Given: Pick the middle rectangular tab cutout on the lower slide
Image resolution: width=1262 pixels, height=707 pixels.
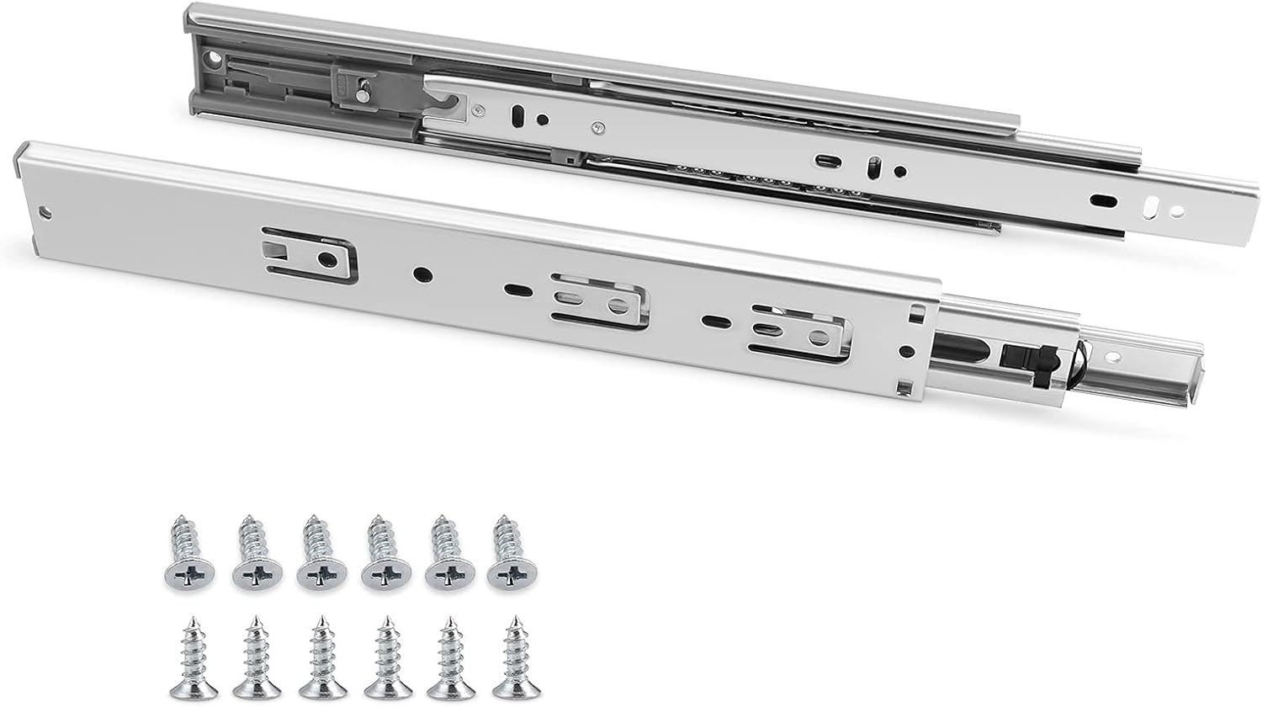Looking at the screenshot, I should point(599,302).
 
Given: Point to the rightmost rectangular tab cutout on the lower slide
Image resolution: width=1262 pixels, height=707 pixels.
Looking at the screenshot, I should point(799,333).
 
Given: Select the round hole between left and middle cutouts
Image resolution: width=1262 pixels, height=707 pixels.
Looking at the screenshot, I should point(419,273).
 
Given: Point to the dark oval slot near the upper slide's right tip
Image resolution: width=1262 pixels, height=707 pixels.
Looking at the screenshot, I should point(1102,200).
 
